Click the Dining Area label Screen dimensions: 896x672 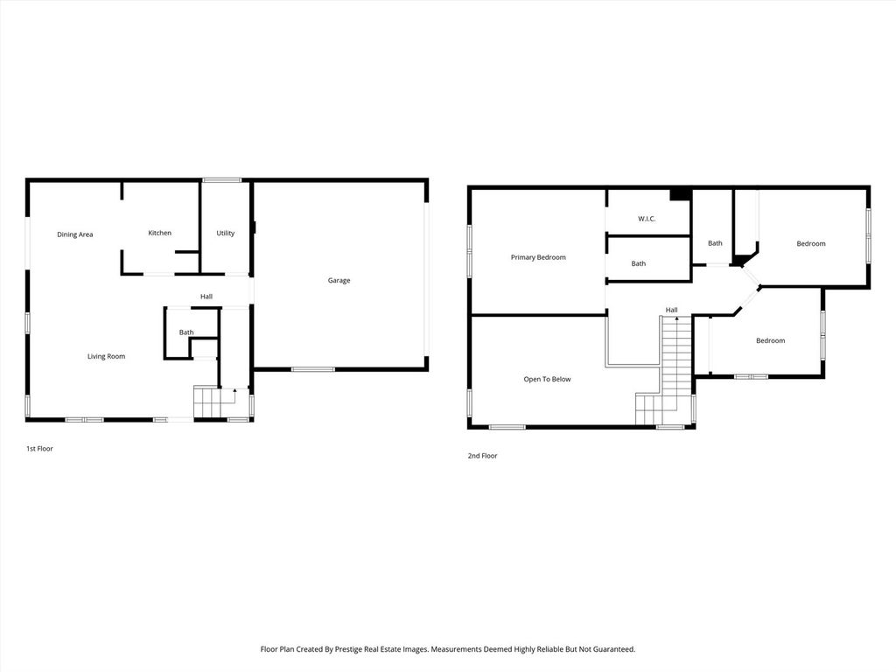click(75, 234)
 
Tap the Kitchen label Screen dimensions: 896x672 click(159, 233)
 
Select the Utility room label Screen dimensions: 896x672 click(225, 233)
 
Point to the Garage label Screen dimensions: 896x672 click(339, 280)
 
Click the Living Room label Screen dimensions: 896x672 click(106, 356)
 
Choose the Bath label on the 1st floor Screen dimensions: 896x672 click(186, 332)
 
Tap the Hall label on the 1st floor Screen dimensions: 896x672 click(206, 297)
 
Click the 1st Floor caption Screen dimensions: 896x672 click(39, 449)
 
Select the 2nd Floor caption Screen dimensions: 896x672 click(482, 455)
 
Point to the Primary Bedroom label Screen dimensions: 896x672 click(538, 257)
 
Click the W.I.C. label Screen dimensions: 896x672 click(647, 219)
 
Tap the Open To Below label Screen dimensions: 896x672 click(547, 379)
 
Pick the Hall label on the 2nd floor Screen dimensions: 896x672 click(671, 310)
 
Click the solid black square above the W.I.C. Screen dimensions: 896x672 click(680, 194)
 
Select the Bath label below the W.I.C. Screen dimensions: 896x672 click(638, 263)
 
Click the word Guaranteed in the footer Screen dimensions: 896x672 click(613, 649)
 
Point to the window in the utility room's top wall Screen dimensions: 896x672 click(221, 180)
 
